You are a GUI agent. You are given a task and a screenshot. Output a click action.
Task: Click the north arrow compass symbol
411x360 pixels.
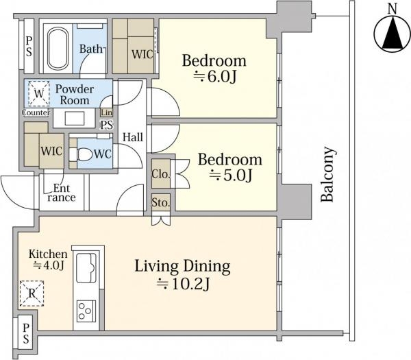(392, 34)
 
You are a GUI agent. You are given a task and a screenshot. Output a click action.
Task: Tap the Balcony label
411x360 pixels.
(328, 174)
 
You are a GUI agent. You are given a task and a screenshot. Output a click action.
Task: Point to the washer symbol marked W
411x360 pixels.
(39, 93)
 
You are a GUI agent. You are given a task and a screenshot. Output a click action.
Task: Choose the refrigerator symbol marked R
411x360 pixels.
(32, 293)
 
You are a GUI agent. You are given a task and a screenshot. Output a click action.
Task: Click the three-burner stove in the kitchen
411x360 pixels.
(84, 311)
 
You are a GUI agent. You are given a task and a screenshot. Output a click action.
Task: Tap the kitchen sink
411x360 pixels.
(86, 267)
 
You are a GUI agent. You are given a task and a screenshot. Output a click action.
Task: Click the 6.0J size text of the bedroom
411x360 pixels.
(215, 77)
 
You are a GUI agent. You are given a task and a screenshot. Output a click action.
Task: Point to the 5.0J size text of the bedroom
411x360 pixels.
(231, 176)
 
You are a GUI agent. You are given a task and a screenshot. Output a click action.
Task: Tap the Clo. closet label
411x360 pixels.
(161, 174)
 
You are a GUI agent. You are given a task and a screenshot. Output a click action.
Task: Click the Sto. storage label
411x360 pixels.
(161, 202)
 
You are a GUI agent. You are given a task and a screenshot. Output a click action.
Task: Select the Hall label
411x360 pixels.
(133, 137)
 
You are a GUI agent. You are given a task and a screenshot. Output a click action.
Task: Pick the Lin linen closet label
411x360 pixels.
(107, 112)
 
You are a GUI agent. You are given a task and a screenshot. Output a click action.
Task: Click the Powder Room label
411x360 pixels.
(75, 95)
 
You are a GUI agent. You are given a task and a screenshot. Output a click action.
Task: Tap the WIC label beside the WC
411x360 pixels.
(51, 151)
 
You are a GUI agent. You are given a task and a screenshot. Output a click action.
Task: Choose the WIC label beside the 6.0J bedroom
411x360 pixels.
(142, 54)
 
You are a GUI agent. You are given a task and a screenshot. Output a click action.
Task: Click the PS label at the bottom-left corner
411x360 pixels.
(26, 333)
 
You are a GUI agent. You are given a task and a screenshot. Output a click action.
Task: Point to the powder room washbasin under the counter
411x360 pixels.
(75, 119)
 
